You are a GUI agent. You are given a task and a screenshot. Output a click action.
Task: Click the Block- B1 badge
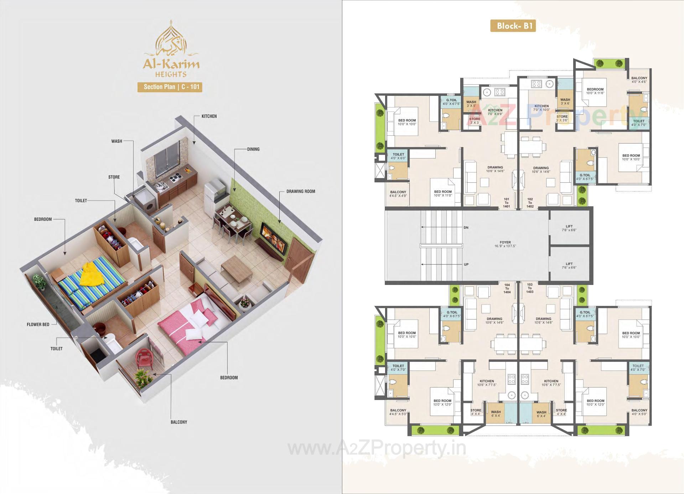513,26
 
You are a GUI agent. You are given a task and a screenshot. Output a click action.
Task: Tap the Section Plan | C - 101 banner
170,87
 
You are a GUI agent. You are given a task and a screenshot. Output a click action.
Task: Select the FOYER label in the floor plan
505,244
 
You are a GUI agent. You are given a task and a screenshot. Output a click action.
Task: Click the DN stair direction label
466,228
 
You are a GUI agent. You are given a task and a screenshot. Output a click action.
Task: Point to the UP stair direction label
466,265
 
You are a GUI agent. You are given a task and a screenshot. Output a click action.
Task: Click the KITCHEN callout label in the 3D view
209,116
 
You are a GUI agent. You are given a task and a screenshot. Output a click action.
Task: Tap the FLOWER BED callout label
38,324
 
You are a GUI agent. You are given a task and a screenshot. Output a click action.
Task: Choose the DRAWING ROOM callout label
301,191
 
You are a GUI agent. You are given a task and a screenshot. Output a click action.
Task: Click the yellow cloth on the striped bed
92,274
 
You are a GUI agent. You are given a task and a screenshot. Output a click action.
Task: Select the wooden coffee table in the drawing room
237,267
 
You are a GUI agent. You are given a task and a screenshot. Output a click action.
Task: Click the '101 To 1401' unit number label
506,203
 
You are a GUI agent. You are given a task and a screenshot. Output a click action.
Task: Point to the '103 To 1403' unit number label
530,288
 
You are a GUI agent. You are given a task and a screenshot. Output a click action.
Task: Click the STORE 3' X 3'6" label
562,118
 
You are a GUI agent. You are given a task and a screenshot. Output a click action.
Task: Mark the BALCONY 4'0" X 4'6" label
639,80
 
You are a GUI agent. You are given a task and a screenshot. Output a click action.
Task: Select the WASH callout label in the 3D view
116,141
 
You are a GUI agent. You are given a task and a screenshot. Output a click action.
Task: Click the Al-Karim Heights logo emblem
171,39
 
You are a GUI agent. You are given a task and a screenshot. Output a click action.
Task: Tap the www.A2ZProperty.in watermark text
377,448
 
